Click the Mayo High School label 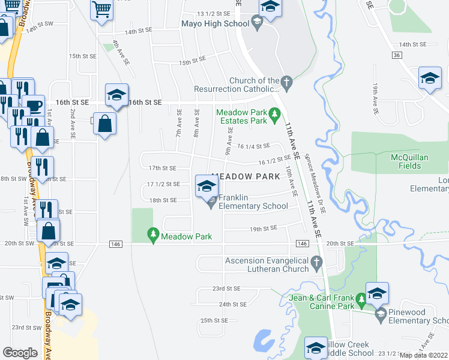click(x=215, y=24)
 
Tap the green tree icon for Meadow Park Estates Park click(x=275, y=112)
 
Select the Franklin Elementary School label click(x=253, y=202)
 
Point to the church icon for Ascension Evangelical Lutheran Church click(x=318, y=261)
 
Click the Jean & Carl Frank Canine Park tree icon click(x=361, y=298)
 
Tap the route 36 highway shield click(x=396, y=55)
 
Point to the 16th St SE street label click(x=145, y=103)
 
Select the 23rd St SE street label click(x=226, y=289)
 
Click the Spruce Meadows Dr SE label click(x=314, y=183)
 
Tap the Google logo click(x=20, y=353)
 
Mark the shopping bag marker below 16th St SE click(x=105, y=124)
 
